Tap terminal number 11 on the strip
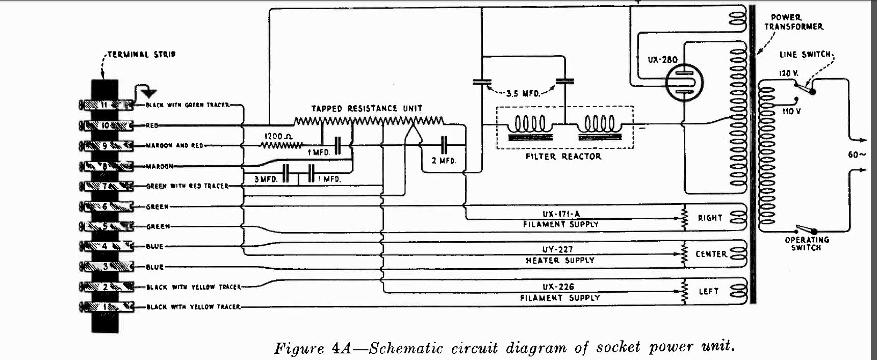[x=105, y=105]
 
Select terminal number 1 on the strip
[x=105, y=307]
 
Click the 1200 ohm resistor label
[x=278, y=137]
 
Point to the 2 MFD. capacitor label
[x=444, y=161]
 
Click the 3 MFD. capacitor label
[x=266, y=179]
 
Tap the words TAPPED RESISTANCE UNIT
[x=367, y=109]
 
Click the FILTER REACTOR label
[x=563, y=157]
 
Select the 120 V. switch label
[x=788, y=73]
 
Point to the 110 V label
[x=791, y=111]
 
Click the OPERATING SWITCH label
[x=807, y=244]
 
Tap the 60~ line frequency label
[x=857, y=155]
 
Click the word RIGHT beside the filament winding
[x=710, y=218]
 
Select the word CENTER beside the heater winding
[x=711, y=254]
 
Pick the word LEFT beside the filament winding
[x=708, y=291]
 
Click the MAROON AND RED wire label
[x=174, y=146]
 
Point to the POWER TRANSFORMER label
[x=793, y=22]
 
